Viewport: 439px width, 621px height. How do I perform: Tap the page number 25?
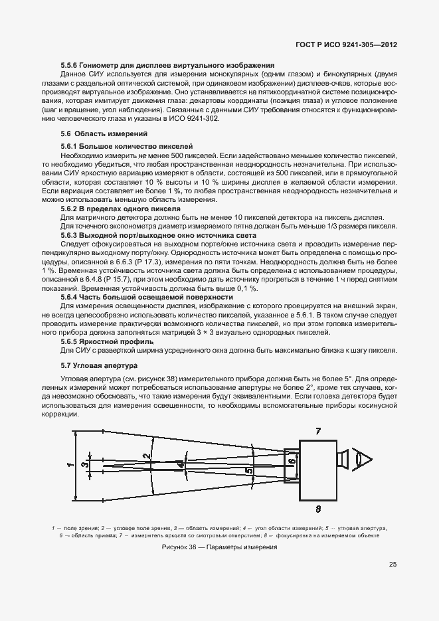tap(393, 565)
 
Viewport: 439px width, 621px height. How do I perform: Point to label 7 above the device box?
tap(318, 431)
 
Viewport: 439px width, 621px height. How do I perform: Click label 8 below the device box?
tap(319, 509)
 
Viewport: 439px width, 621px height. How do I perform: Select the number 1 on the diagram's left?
tap(70, 466)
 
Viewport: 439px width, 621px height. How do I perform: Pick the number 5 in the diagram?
tap(249, 471)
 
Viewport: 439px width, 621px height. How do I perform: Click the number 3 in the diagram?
tap(84, 465)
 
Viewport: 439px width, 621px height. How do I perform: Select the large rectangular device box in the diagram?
tap(317, 470)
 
